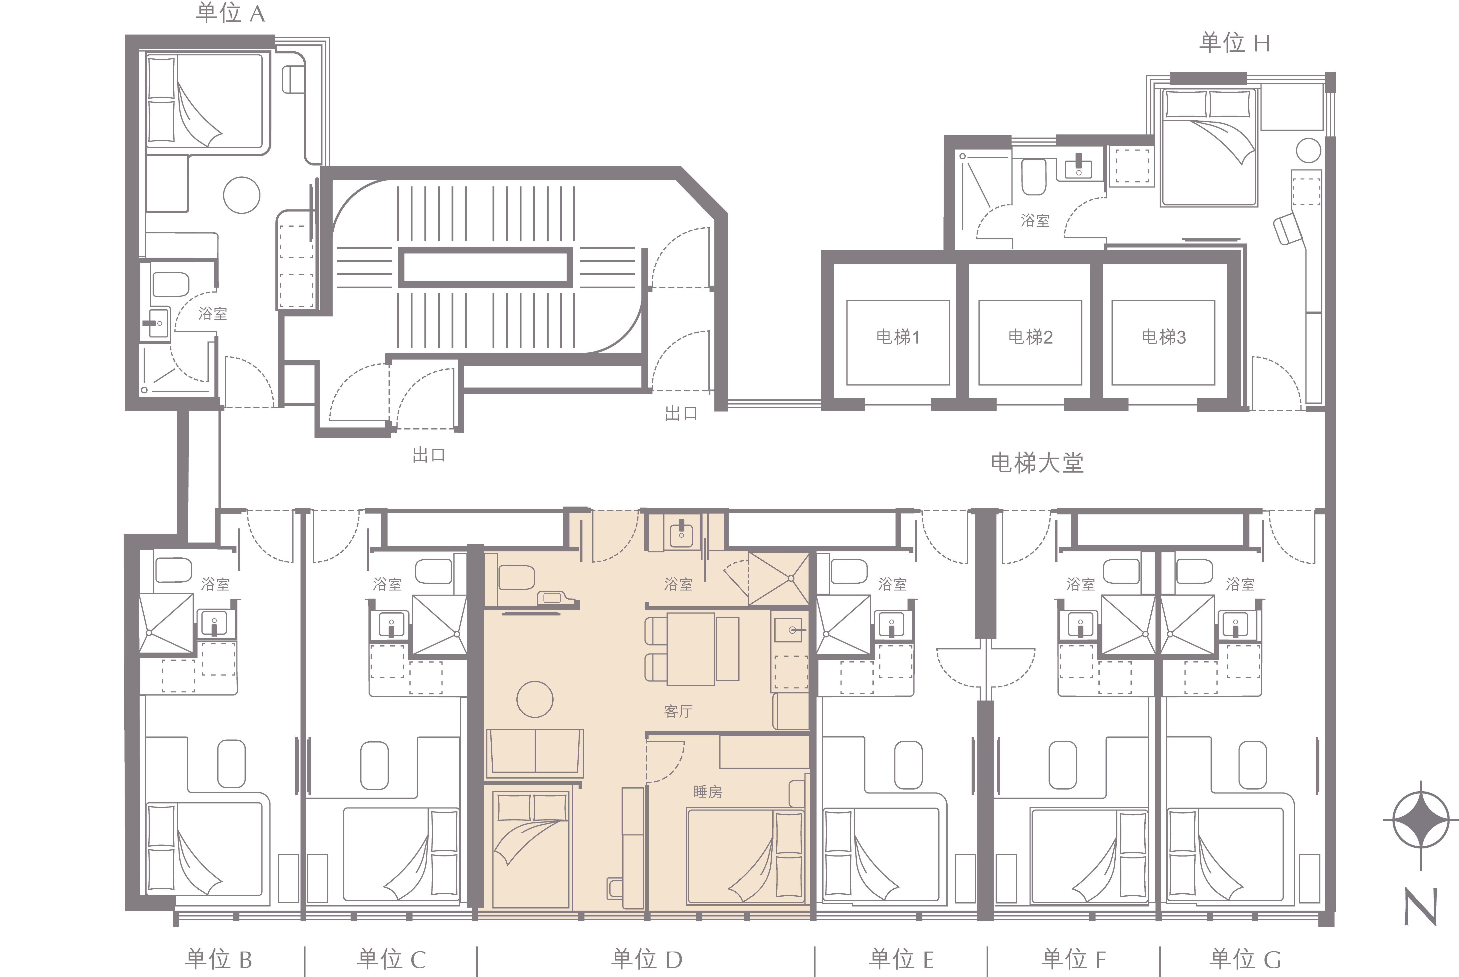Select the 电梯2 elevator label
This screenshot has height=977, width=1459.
click(x=1030, y=337)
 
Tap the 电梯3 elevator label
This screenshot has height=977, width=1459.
click(x=1163, y=337)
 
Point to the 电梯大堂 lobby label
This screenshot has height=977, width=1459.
click(x=1037, y=463)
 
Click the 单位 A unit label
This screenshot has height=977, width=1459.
click(x=230, y=13)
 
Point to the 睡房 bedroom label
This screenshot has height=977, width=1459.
click(x=707, y=792)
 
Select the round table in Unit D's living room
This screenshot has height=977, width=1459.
click(x=535, y=699)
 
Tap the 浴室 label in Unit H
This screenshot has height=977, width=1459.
click(x=1035, y=221)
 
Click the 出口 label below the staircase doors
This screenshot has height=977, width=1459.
click(x=429, y=456)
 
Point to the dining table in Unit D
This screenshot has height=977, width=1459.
click(x=691, y=649)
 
